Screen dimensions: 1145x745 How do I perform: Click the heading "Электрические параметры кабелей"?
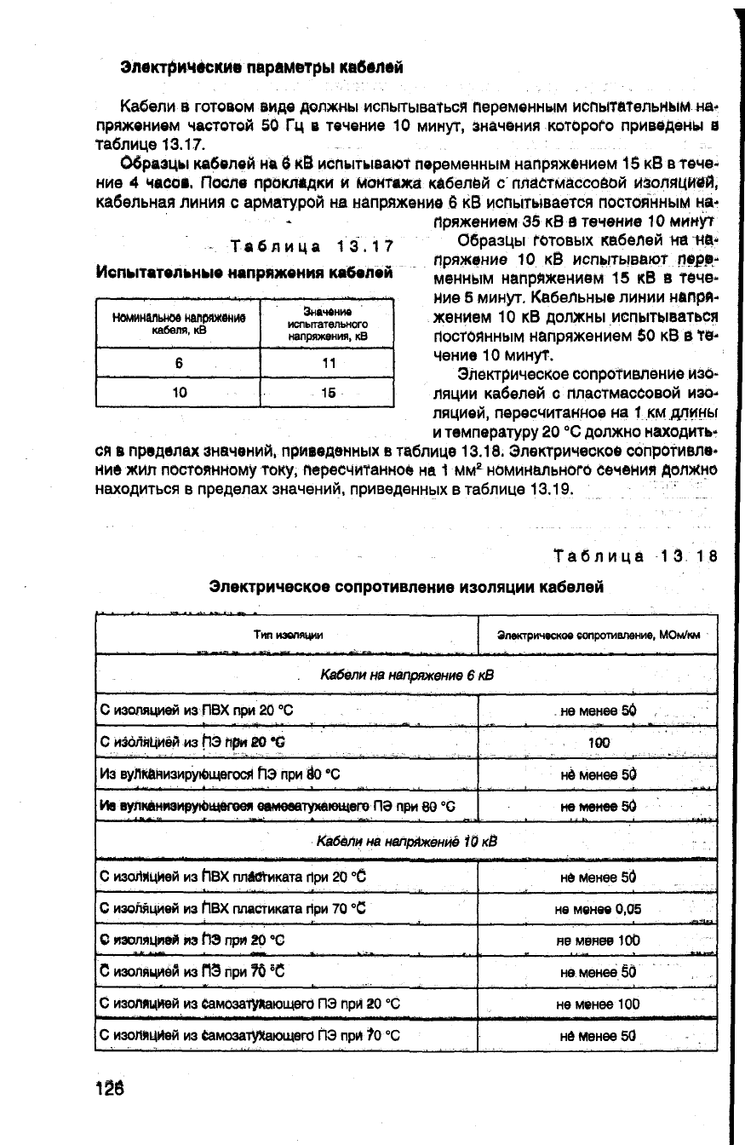click(x=261, y=66)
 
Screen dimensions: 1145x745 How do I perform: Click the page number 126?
click(x=110, y=1089)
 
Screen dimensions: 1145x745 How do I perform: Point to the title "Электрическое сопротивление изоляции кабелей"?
click(x=407, y=587)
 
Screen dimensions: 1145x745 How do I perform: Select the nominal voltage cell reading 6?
click(x=179, y=362)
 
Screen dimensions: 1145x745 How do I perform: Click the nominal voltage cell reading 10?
click(x=179, y=393)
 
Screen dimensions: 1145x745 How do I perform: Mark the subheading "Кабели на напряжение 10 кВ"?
click(x=406, y=842)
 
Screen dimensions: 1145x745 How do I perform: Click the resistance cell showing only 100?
click(x=599, y=742)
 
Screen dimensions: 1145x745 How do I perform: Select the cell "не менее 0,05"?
click(x=597, y=909)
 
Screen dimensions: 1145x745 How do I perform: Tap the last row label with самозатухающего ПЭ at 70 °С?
click(x=250, y=1037)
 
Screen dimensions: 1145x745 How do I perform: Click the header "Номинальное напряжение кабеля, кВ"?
click(x=179, y=324)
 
